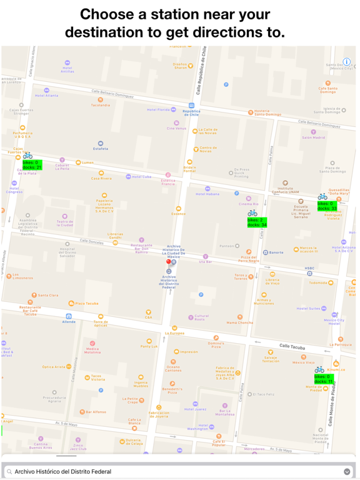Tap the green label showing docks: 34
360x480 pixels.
tap(256, 222)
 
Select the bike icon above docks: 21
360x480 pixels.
tap(27, 155)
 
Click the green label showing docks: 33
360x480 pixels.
tap(326, 206)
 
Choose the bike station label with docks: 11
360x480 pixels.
tap(324, 379)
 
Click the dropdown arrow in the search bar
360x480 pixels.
tap(347, 472)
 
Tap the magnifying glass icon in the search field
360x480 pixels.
tap(9, 472)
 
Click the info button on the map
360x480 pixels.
tap(347, 62)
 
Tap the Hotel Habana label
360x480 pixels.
tap(207, 194)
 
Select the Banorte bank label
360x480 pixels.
tap(276, 252)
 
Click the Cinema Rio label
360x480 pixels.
tap(248, 204)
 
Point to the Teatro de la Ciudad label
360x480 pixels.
tap(65, 223)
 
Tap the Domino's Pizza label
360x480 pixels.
tap(216, 344)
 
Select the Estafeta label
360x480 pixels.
tap(101, 149)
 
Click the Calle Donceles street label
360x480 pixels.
tap(92, 241)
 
